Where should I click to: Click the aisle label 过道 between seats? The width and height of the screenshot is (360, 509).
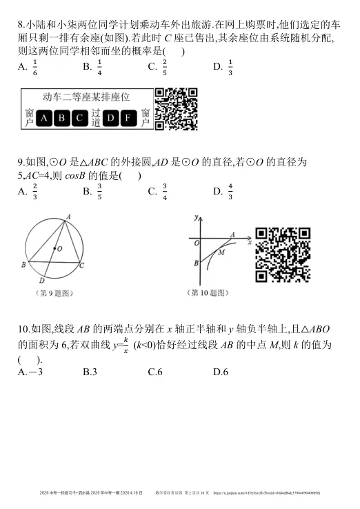95,118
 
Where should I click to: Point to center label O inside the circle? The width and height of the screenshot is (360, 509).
60,248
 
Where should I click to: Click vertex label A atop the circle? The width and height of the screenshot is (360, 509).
68,217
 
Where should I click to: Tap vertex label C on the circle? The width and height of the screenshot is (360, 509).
82,264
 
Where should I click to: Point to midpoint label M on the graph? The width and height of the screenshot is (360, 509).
221,252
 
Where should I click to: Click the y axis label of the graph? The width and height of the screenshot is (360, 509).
197,218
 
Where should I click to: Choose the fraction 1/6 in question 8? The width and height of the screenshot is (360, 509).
35,68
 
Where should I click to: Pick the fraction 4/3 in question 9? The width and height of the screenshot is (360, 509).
230,190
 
